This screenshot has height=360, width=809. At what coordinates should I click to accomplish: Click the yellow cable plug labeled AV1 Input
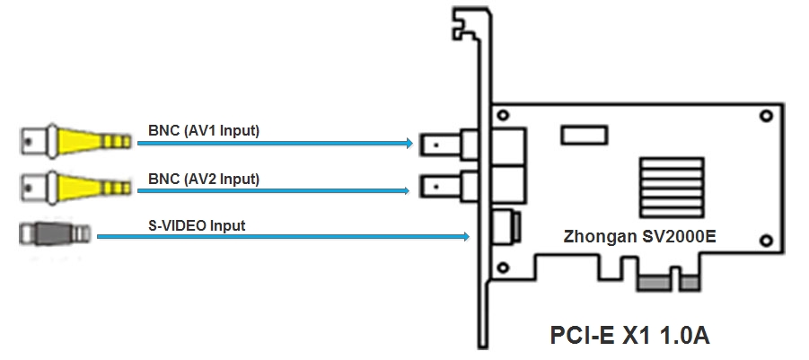pyautogui.click(x=76, y=140)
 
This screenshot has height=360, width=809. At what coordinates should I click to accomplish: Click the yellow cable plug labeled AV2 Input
pyautogui.click(x=76, y=187)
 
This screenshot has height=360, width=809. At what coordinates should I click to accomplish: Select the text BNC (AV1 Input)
pyautogui.click(x=204, y=131)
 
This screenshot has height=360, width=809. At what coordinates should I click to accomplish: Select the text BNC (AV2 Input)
pyautogui.click(x=204, y=179)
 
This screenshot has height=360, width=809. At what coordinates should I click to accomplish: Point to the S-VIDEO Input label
pyautogui.click(x=197, y=226)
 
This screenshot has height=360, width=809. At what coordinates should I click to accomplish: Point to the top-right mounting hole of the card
pyautogui.click(x=766, y=117)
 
